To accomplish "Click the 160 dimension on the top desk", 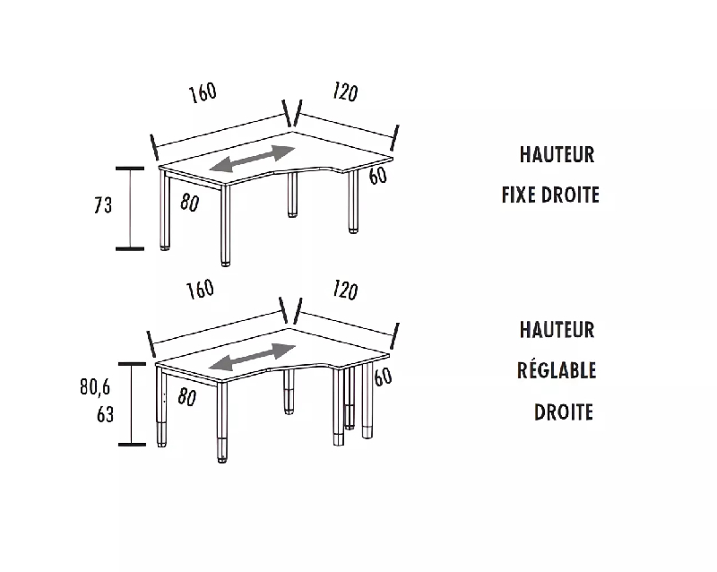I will (203, 93).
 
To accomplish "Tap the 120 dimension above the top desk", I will (345, 91).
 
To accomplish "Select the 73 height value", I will (103, 205).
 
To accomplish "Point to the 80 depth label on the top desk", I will (189, 203).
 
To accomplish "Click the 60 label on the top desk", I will (377, 176).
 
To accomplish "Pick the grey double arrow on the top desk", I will (252, 160).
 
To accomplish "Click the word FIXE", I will (524, 195).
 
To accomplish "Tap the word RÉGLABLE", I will (557, 370).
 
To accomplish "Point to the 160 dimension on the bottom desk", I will (199, 289).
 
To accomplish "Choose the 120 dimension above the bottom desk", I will (344, 290).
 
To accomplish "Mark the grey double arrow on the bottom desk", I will (252, 356).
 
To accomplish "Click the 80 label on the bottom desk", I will (186, 398).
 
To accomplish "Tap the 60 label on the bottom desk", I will (383, 377).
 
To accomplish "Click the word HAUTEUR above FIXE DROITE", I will (557, 155).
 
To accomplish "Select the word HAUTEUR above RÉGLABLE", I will (557, 330).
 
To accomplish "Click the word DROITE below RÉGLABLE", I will (564, 412).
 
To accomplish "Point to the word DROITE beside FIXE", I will (575, 195).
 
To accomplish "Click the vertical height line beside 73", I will (131, 208).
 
